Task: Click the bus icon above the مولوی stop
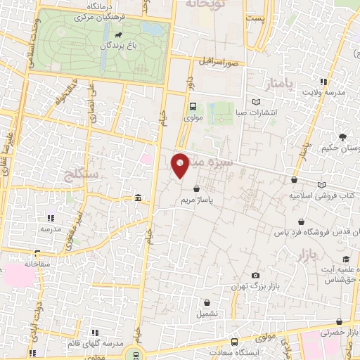(193, 106)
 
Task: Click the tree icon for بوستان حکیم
(342, 137)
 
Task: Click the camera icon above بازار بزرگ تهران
(255, 275)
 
